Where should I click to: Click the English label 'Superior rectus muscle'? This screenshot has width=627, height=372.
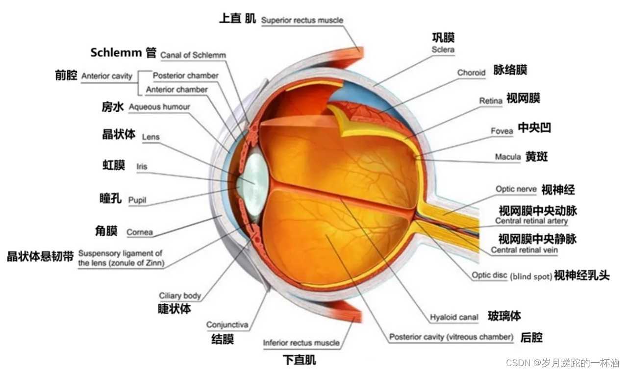(x=302, y=21)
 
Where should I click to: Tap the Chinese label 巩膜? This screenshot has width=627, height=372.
(x=443, y=38)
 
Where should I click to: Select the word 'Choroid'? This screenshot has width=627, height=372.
(x=471, y=73)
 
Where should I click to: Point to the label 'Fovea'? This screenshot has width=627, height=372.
(x=502, y=131)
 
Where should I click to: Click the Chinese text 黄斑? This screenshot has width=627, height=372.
(x=536, y=157)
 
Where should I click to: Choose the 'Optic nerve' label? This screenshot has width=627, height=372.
(x=516, y=189)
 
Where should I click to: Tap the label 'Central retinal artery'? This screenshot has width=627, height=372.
(x=531, y=221)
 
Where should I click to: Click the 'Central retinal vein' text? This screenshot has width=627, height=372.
(x=524, y=250)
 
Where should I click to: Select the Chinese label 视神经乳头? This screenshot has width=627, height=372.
(x=581, y=275)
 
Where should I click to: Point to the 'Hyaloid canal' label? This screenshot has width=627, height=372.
(x=454, y=317)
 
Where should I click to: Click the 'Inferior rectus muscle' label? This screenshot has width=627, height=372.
(x=301, y=343)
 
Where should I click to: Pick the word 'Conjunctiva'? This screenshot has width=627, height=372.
(x=227, y=325)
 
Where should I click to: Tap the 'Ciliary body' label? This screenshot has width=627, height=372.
(x=180, y=296)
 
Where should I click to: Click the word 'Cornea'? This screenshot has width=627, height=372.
(x=140, y=232)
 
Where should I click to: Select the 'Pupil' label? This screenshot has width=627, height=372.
(x=137, y=200)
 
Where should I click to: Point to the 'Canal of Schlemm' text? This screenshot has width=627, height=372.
(x=193, y=55)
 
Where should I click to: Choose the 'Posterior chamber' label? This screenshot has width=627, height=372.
(x=185, y=75)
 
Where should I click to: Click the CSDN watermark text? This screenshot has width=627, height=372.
(x=562, y=363)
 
